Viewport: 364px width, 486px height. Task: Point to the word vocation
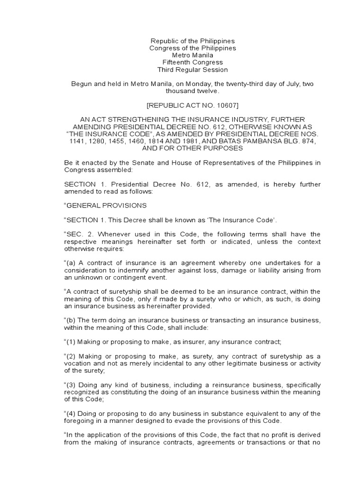78,364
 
